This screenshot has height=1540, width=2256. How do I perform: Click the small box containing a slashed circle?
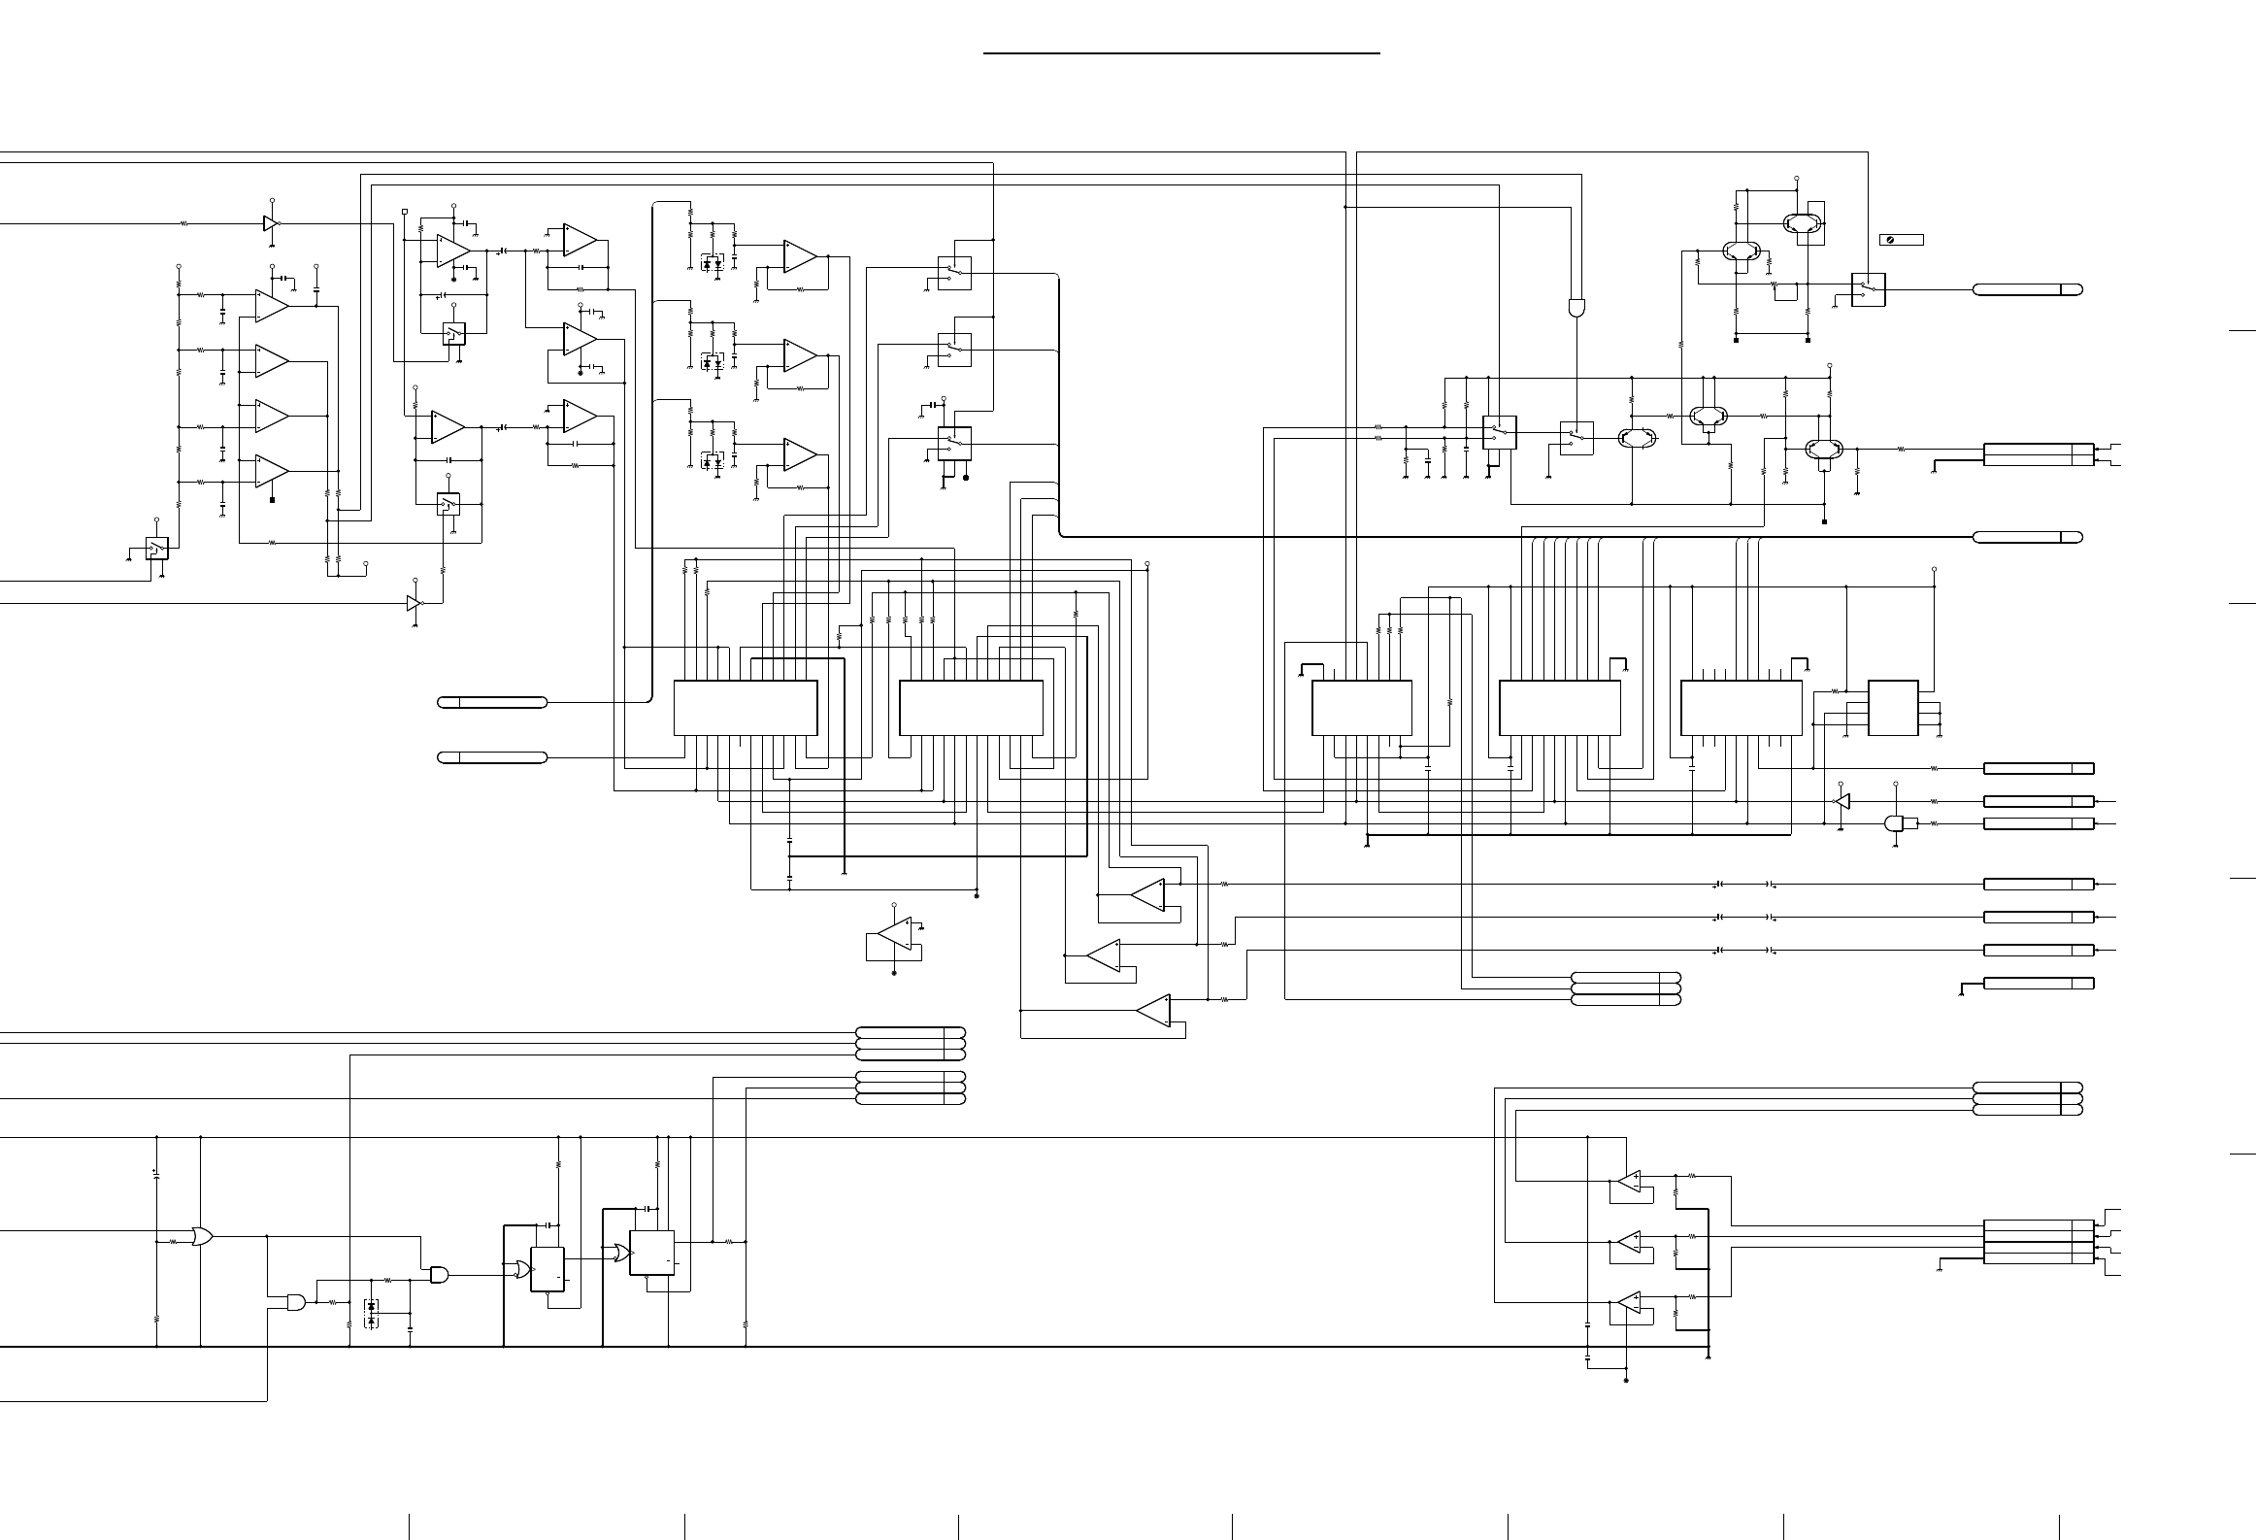[x=1901, y=240]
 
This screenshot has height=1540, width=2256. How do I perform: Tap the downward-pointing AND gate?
[x=1576, y=308]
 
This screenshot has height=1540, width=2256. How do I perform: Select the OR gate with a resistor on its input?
[x=202, y=1237]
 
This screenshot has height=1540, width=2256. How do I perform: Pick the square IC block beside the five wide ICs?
[x=1893, y=708]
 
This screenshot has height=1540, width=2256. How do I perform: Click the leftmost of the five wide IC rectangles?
[x=746, y=708]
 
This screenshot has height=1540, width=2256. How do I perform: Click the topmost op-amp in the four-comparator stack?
[x=272, y=306]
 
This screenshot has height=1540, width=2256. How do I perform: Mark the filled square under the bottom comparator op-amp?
[x=272, y=500]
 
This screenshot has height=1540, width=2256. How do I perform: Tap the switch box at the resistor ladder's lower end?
[x=157, y=549]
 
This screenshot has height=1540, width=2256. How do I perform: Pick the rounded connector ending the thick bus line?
[x=2027, y=537]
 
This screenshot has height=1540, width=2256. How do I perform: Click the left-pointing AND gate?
[x=1894, y=823]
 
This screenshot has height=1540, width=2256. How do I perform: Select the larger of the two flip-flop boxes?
[x=652, y=1253]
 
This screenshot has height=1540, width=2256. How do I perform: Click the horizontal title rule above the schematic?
[x=1181, y=53]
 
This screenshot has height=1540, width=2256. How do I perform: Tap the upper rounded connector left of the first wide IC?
[x=493, y=702]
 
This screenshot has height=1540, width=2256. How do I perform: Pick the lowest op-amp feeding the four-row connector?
[x=1628, y=1307]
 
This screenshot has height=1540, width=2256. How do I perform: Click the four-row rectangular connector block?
[x=2038, y=1241]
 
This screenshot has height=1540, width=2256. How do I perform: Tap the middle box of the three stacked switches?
[x=954, y=350]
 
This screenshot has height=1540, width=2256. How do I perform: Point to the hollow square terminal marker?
[x=405, y=211]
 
